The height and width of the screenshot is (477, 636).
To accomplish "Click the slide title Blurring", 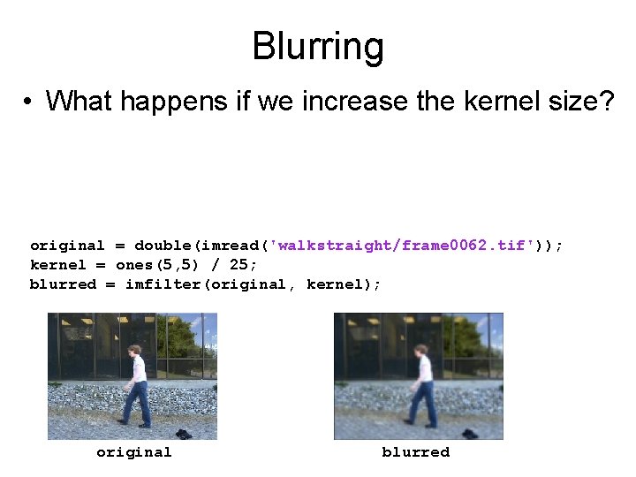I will pos(317,46).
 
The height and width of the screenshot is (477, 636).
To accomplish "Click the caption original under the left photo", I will pos(133,452).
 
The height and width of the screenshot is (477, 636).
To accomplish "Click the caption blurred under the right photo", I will pos(415,452).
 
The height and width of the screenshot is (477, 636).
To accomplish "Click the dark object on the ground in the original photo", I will pos(183,433).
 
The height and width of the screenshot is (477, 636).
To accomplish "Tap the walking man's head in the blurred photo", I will pos(420,350).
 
